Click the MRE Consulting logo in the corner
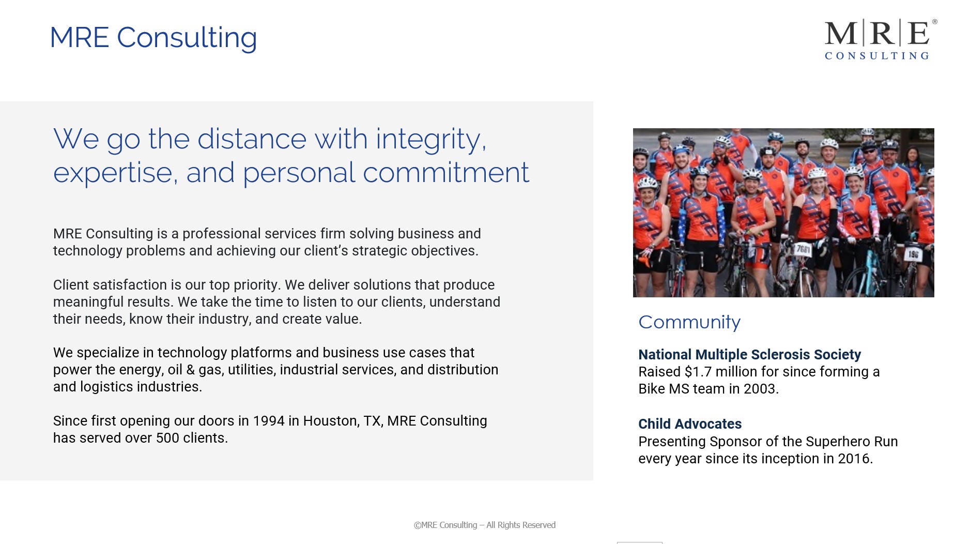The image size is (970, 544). tap(881, 39)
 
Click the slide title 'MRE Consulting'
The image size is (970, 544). tap(153, 38)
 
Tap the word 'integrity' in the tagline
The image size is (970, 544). tap(430, 139)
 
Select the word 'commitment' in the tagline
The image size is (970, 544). tap(445, 173)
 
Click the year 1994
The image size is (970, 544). tap(269, 421)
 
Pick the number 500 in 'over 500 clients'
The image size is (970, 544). tap(167, 438)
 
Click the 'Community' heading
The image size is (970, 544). tap(689, 322)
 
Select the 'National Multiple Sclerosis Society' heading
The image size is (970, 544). tap(749, 355)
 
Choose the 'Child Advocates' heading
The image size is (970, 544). tap(689, 424)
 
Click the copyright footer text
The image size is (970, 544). tap(484, 525)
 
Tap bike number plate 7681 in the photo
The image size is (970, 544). tap(803, 250)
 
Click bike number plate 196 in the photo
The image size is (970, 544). tap(913, 254)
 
